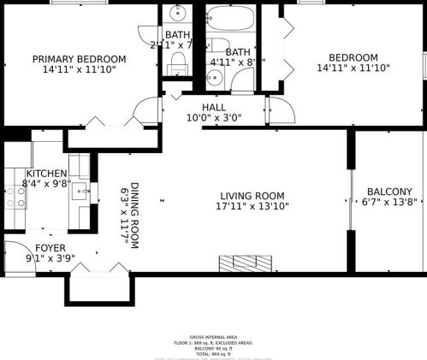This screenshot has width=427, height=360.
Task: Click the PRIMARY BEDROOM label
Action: tap(79, 59)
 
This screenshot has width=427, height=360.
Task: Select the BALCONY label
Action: tap(389, 192)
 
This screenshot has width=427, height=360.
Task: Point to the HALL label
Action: tap(214, 107)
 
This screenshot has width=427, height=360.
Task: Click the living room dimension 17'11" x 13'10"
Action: tap(252, 206)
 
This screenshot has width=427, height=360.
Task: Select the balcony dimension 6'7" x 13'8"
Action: tap(389, 203)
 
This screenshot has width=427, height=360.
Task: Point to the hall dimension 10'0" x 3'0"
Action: tap(214, 118)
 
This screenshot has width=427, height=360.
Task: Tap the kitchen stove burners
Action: tap(15, 198)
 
